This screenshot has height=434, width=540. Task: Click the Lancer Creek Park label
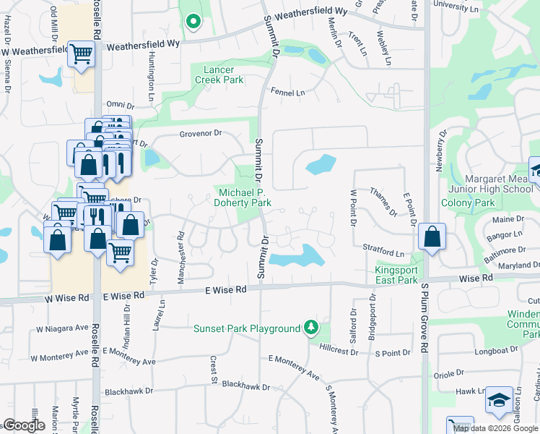pos(219,75)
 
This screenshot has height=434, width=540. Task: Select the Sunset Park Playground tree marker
pos(311,328)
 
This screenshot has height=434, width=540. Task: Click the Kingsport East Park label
pos(396,275)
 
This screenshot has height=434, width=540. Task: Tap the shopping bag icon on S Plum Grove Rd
pos(432,237)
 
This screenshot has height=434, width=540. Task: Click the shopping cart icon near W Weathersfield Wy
pos(82,53)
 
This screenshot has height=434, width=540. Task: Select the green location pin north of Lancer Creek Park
pos(193,22)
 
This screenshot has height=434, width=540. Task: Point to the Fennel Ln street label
pos(287,93)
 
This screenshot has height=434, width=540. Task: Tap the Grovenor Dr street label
pos(200,134)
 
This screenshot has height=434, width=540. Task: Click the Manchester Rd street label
pos(181,247)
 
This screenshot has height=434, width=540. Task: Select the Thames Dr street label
pos(383,201)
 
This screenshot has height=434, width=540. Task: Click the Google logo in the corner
pos(24,425)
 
